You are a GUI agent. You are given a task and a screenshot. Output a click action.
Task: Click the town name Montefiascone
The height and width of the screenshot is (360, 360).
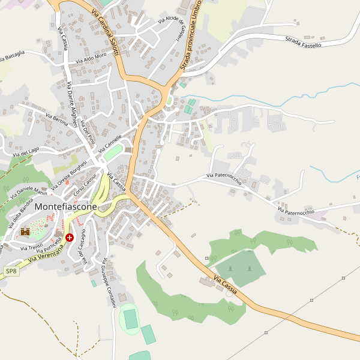click(66, 206)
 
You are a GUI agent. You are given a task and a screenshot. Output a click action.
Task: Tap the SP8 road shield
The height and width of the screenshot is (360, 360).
click(11, 271)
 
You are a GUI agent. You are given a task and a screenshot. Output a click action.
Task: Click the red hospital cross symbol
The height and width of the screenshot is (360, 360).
click(70, 238)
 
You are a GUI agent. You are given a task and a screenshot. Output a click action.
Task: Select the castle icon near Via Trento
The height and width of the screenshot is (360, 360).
click(25, 231)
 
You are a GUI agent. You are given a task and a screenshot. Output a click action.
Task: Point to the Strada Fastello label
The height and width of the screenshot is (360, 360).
click(303, 42)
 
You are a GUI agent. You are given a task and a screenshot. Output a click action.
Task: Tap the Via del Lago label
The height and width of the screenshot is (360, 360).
click(25, 154)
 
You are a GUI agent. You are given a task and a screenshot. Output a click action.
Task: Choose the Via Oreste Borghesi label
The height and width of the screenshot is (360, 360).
click(68, 174)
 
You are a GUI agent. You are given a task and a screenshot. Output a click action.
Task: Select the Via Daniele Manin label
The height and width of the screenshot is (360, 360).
click(32, 190)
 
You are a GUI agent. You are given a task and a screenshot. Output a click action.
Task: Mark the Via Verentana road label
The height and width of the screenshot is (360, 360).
click(44, 257)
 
